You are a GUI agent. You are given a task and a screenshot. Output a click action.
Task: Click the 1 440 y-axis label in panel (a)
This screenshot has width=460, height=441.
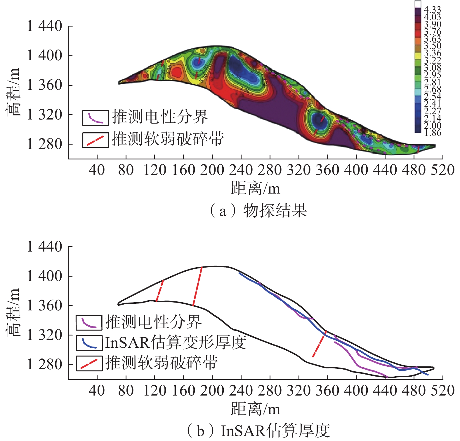pyautogui.click(x=44, y=26)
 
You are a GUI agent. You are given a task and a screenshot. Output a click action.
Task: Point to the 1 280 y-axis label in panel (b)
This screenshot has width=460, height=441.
pyautogui.click(x=44, y=364)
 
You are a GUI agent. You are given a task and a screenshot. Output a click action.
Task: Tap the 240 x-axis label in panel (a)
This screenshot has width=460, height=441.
pyautogui.click(x=241, y=170)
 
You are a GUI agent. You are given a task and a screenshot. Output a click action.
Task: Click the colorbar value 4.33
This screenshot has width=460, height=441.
pyautogui.click(x=432, y=10)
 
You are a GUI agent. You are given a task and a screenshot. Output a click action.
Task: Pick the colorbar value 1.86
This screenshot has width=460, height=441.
pyautogui.click(x=433, y=133)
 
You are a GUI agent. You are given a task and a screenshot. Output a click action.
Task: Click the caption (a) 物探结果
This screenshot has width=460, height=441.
pyautogui.click(x=258, y=210)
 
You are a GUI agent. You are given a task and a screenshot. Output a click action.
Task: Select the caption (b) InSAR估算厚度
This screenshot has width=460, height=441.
pyautogui.click(x=258, y=431)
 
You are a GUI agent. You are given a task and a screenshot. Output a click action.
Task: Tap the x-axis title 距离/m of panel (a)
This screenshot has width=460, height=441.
pyautogui.click(x=255, y=188)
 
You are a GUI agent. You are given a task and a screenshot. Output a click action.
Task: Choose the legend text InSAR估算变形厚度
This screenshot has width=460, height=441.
pyautogui.click(x=176, y=342)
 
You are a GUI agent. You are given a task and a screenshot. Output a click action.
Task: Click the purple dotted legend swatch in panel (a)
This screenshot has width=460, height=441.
pyautogui.click(x=96, y=118)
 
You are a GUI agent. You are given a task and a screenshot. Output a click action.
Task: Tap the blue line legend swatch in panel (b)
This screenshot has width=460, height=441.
pyautogui.click(x=89, y=343)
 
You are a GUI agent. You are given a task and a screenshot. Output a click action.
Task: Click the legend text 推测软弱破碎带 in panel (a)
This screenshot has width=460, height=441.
pyautogui.click(x=168, y=139)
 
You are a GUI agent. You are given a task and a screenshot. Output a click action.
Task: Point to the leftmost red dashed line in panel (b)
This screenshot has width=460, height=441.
pyautogui.click(x=159, y=291)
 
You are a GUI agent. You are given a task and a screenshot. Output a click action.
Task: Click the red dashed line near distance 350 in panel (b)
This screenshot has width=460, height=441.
pyautogui.click(x=320, y=344)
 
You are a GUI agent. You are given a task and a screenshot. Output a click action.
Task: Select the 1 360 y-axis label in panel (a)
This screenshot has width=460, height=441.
pyautogui.click(x=44, y=85)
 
